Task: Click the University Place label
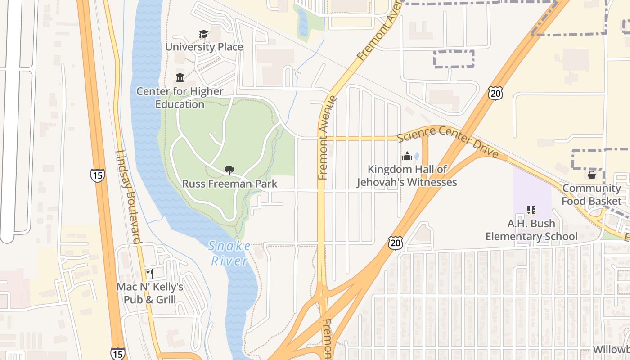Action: [x=204, y=47]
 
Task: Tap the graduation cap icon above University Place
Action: [x=203, y=34]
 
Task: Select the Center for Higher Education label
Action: [x=180, y=98]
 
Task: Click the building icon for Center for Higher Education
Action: [x=180, y=77]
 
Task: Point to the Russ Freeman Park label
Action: [x=229, y=184]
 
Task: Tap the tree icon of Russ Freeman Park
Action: [x=229, y=170]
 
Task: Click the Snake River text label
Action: [x=229, y=253]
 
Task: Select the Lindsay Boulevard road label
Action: [x=129, y=197]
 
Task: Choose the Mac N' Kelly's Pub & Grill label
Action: [x=150, y=293]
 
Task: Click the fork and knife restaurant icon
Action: [x=150, y=273]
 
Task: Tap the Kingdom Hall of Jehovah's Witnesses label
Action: [x=407, y=175]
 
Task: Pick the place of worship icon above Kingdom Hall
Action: [x=407, y=156]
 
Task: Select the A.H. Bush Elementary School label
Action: [x=531, y=230]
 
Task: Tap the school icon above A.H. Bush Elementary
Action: [x=531, y=210]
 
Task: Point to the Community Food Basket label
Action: [x=592, y=194]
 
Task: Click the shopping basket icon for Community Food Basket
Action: [x=592, y=175]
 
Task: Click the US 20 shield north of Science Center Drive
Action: [x=495, y=93]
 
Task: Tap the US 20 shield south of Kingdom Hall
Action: [x=395, y=243]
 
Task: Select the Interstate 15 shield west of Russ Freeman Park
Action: [x=97, y=175]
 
